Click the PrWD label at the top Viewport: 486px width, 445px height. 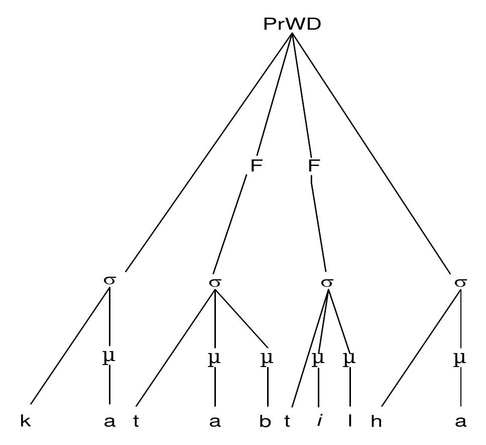[292, 24]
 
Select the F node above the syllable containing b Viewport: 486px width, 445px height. [256, 165]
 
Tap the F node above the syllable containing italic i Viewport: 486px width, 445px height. [314, 165]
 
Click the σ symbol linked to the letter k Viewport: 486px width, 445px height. [109, 280]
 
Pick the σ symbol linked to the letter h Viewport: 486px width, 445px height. [460, 283]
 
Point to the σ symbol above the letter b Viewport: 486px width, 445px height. [215, 283]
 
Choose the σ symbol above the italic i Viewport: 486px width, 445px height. [327, 283]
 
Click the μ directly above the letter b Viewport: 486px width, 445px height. [267, 359]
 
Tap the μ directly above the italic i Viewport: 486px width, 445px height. [318, 359]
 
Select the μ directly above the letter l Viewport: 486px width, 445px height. [349, 359]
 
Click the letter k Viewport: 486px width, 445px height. [26, 421]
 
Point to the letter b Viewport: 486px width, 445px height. [265, 421]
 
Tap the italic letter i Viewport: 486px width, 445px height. [319, 421]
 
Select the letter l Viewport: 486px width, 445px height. [350, 421]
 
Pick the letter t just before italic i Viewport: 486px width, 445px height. [287, 421]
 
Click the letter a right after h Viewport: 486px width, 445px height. [460, 422]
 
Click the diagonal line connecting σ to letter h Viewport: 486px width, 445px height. [421, 348]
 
